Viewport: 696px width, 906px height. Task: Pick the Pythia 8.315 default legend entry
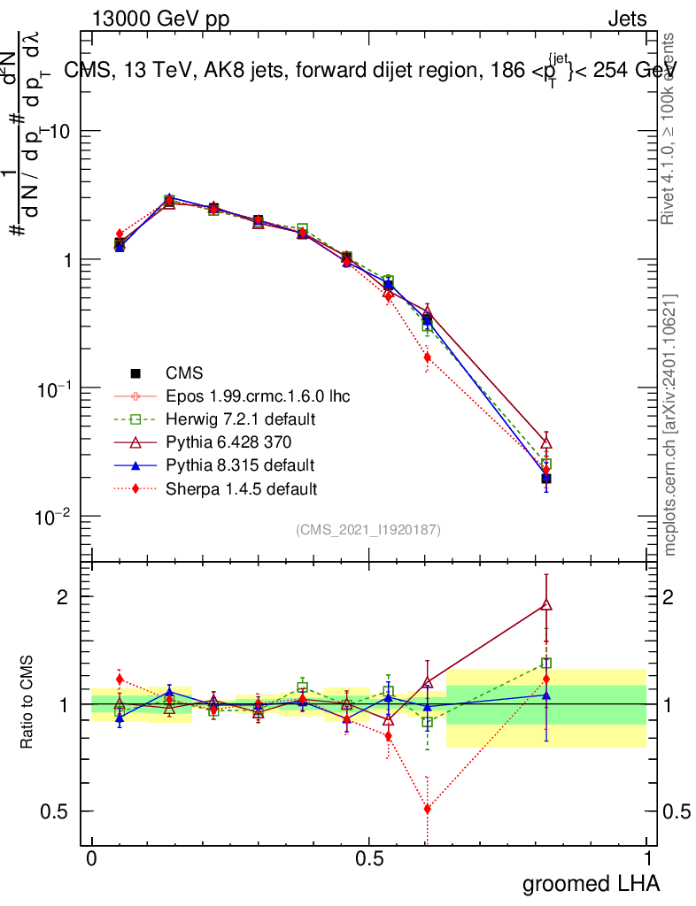[240, 465]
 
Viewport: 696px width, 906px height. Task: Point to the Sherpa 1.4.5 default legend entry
[242, 488]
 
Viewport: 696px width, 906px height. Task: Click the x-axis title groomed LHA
[592, 883]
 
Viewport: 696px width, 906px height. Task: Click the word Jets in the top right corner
[627, 19]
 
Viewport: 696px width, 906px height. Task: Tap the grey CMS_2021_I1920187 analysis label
[368, 530]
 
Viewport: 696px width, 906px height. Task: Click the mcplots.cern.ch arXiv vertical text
[670, 425]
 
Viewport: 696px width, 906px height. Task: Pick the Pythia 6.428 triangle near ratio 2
[546, 605]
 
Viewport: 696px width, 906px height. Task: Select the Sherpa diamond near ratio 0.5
[428, 809]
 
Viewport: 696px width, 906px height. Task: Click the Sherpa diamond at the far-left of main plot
[120, 234]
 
